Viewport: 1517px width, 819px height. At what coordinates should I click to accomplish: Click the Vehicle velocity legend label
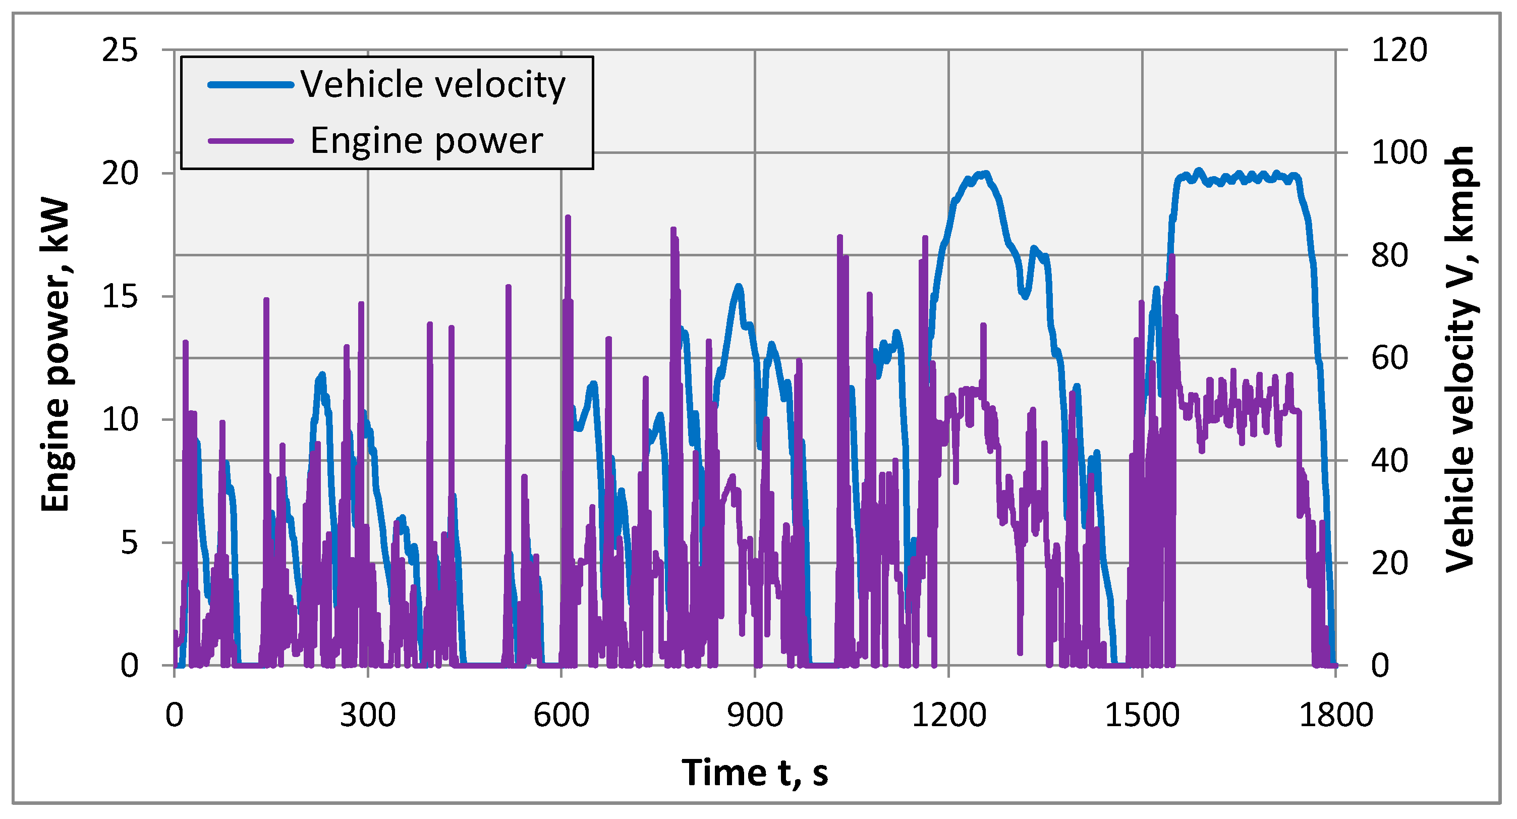(433, 85)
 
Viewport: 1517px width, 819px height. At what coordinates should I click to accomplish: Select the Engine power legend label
(426, 141)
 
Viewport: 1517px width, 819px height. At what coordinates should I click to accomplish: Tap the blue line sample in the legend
(251, 85)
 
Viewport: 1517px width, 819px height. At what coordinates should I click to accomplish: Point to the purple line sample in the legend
(251, 141)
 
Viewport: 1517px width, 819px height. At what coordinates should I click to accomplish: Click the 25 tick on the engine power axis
(120, 50)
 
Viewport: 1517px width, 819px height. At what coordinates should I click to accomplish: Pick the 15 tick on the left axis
(120, 296)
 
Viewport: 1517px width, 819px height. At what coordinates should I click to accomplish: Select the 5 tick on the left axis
(129, 542)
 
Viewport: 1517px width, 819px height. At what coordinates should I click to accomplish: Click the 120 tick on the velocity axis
(1399, 50)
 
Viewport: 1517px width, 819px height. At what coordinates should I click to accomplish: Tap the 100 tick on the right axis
(1399, 152)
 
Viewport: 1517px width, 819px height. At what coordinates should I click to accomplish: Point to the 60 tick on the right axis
(1390, 358)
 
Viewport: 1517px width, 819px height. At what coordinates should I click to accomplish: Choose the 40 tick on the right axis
(1390, 460)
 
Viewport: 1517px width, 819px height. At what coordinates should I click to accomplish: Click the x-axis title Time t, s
(755, 773)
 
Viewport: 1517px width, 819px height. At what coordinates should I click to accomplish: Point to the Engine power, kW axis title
(56, 356)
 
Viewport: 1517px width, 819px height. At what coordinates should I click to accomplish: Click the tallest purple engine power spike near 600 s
(568, 218)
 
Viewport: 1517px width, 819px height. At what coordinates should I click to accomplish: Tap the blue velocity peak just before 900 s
(739, 286)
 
